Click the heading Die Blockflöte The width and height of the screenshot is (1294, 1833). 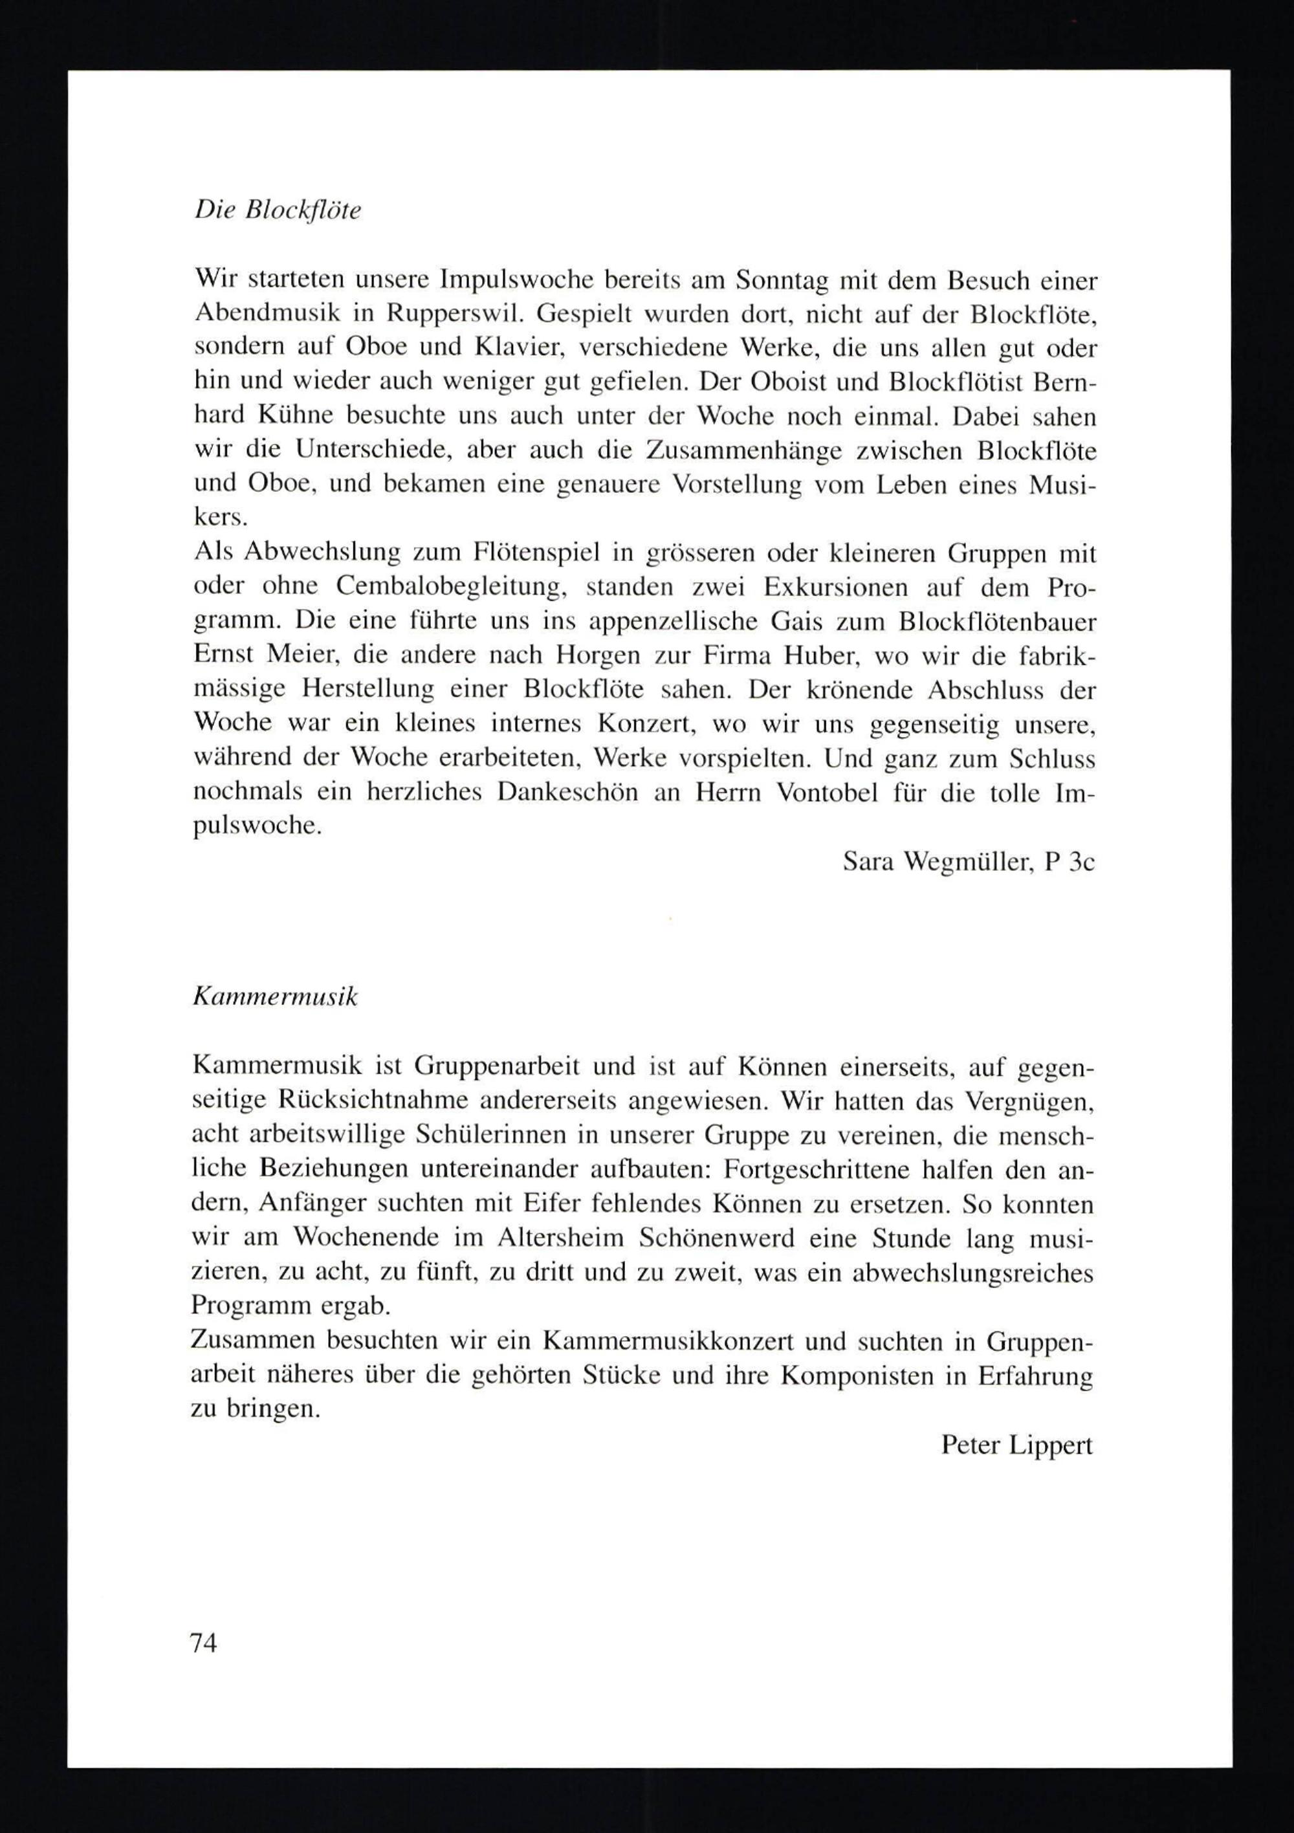point(278,211)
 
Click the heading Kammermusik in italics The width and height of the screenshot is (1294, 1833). point(276,998)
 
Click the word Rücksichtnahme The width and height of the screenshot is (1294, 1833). point(363,1102)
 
